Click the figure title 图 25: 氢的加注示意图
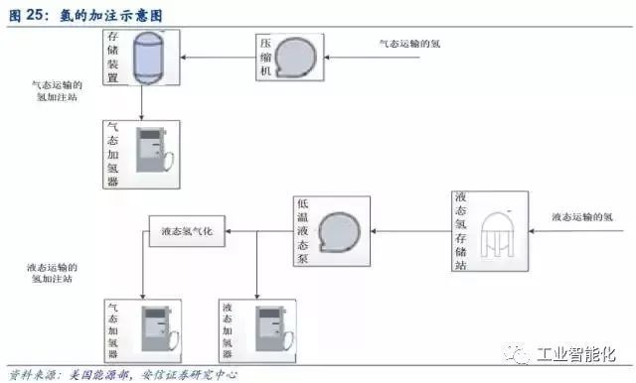point(84,15)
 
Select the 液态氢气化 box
point(187,232)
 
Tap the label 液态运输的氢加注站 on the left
point(56,274)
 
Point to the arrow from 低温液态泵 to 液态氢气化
point(258,232)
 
